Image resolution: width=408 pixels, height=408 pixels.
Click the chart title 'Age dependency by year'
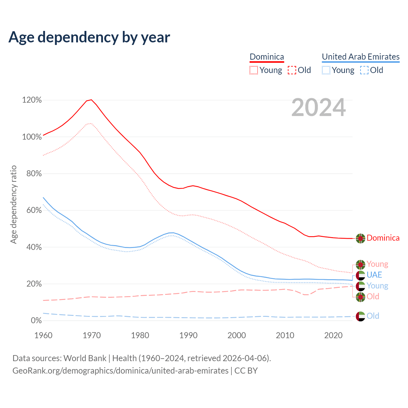point(89,37)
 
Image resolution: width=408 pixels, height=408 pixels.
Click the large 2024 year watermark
point(318,108)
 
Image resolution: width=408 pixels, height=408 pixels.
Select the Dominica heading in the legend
point(267,57)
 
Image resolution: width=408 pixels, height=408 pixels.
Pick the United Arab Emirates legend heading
point(361,57)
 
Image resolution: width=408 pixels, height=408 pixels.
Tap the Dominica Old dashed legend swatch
point(292,70)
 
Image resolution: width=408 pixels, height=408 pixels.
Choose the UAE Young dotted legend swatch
point(326,70)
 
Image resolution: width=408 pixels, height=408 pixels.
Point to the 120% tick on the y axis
point(32,100)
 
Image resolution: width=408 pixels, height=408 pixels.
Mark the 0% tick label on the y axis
point(36,321)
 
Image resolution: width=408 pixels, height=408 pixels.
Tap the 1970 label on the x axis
point(92,335)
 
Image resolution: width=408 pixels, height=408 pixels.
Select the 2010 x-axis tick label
point(285,335)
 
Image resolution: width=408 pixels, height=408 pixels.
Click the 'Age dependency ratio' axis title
point(13,204)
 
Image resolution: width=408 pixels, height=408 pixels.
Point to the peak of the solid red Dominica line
point(91,100)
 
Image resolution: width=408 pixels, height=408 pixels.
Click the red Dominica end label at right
point(383,238)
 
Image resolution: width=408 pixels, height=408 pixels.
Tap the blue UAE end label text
point(374,275)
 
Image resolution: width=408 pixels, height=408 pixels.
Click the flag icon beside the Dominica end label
point(361,238)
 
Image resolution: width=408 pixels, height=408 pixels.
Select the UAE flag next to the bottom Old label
point(361,316)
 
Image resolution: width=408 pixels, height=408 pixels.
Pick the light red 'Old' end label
point(373,296)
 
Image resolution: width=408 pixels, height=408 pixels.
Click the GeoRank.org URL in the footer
point(120,371)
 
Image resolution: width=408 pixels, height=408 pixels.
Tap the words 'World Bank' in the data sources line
point(85,358)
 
